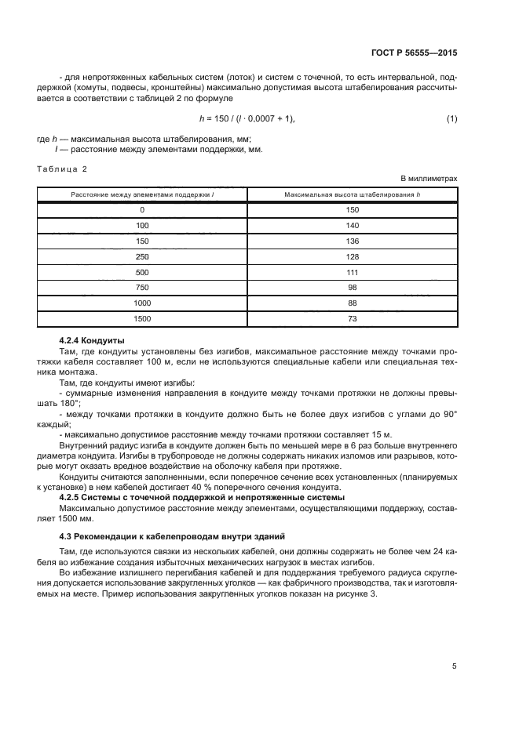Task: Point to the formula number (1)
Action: (x=451, y=118)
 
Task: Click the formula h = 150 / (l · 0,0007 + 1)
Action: (x=247, y=118)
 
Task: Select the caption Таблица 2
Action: (x=62, y=169)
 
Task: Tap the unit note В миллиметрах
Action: (x=429, y=179)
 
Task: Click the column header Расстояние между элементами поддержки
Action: (x=142, y=194)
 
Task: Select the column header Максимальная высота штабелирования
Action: (x=352, y=194)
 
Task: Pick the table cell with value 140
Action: (x=352, y=225)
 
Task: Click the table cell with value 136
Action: (x=352, y=241)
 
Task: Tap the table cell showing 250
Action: (x=142, y=256)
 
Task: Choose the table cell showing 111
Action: (x=352, y=272)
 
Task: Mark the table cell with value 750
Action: (x=142, y=288)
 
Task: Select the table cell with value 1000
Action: (x=142, y=303)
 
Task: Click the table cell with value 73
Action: (x=352, y=319)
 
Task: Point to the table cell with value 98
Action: (x=352, y=288)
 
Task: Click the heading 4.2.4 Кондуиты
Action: (x=92, y=340)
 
